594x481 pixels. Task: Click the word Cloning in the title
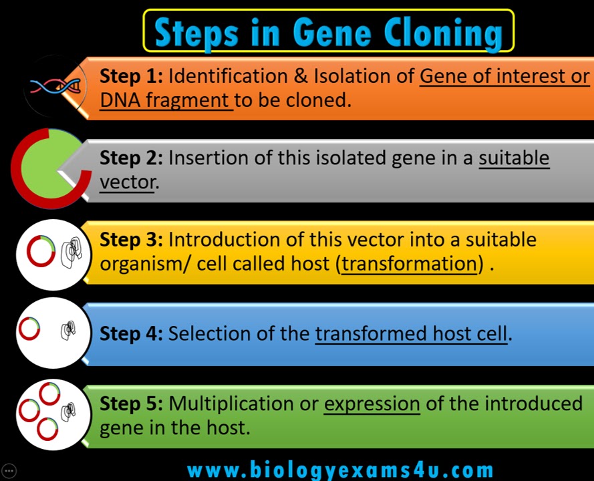[443, 34]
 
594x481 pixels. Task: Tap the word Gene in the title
[332, 33]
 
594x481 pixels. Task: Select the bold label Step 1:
[131, 76]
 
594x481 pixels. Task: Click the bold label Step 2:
[131, 158]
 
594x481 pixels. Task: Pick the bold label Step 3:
[131, 240]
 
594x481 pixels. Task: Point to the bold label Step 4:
[131, 333]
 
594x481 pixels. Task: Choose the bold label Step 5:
[131, 404]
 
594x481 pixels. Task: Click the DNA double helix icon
[55, 86]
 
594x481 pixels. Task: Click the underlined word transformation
[409, 264]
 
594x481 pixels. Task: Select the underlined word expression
[372, 404]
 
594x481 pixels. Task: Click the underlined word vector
[127, 182]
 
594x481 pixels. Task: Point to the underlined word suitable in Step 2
[514, 158]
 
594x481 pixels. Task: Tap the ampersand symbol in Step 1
[301, 76]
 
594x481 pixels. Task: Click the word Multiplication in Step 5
[231, 404]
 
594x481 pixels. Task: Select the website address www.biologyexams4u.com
[340, 470]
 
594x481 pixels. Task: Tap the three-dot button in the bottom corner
[9, 471]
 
